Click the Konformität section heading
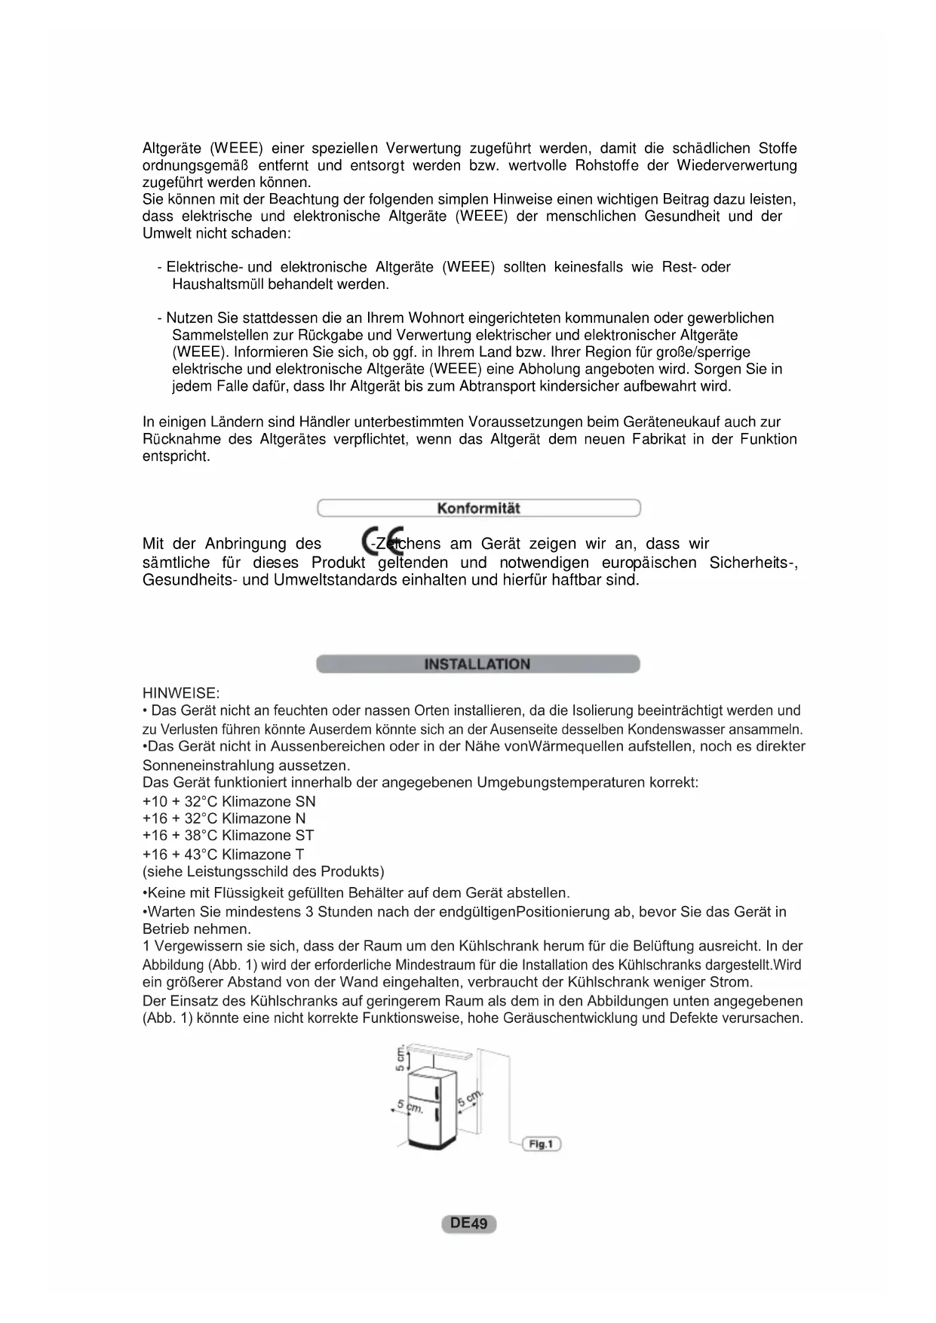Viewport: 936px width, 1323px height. (478, 508)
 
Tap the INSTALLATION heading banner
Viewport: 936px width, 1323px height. (477, 665)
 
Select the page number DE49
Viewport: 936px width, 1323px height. (468, 1223)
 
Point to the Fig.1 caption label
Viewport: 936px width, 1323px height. (542, 1144)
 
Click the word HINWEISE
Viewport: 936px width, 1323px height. (181, 692)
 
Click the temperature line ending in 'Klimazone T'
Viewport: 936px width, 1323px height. (223, 855)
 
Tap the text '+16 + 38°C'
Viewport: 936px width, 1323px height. (180, 836)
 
